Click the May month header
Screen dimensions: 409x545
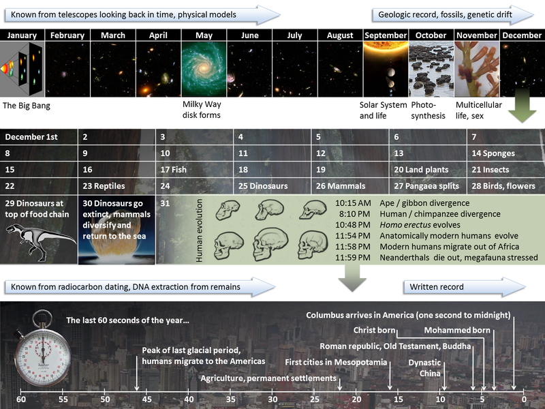[x=204, y=35]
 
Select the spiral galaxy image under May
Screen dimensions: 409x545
[x=204, y=70]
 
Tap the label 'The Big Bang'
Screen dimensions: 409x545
[x=27, y=106]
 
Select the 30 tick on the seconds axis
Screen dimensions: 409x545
[x=272, y=398]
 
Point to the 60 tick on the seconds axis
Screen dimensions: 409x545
[x=21, y=398]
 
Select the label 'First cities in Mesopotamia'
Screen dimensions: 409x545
[x=336, y=362]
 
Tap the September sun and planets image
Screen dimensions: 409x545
[x=386, y=70]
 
